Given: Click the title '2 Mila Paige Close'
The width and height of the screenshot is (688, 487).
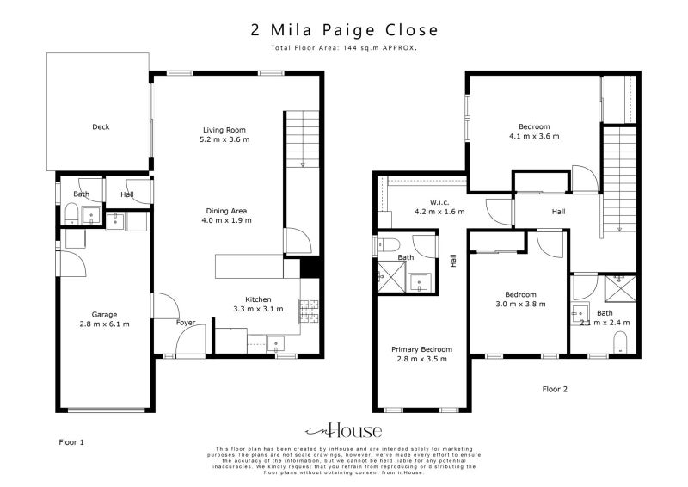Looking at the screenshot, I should tap(344, 29).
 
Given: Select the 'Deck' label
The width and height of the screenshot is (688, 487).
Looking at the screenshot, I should tap(101, 127).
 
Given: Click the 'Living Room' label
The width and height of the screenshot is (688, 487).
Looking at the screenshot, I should tap(218, 130).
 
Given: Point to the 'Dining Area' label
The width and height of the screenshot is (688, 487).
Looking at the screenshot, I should tap(227, 211).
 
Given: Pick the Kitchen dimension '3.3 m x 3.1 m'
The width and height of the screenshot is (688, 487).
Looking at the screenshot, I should tap(258, 309).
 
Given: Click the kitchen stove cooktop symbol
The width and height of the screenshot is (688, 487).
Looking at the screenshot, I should tap(309, 307).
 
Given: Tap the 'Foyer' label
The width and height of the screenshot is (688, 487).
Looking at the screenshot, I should tap(186, 323).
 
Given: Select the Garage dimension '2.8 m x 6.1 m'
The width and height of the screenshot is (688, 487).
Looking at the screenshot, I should tap(105, 324).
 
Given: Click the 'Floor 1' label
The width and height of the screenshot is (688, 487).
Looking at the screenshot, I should tap(71, 441).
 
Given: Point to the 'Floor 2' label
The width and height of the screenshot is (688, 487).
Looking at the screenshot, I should tap(555, 389).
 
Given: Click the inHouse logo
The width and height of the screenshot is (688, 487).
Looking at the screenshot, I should tap(343, 431).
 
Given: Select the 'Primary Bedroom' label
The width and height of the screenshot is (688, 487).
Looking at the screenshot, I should tap(421, 348).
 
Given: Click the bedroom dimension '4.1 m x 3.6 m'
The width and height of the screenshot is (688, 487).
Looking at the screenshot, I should tap(533, 136).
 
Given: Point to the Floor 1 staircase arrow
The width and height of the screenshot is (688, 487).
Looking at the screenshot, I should tap(303, 163).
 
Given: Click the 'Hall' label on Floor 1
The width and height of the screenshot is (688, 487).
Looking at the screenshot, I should tap(127, 194).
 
